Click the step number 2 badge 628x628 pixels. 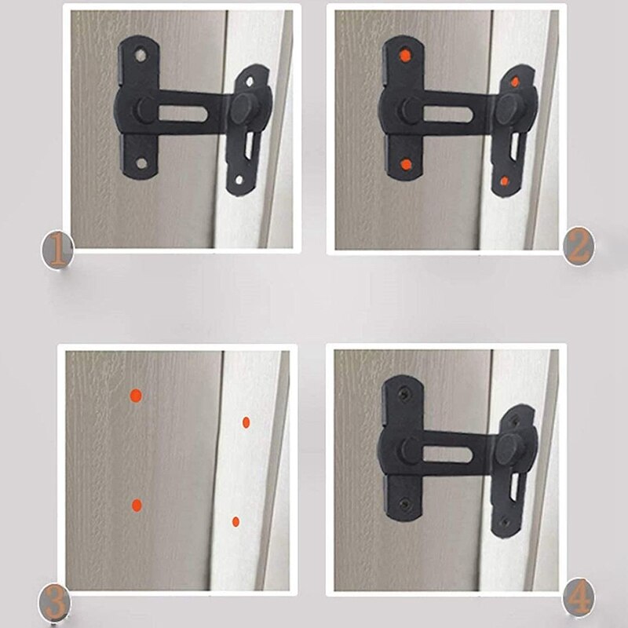click(x=578, y=247)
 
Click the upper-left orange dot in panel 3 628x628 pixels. click(x=135, y=396)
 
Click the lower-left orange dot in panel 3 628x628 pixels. click(x=137, y=505)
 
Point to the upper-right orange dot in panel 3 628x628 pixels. click(x=246, y=422)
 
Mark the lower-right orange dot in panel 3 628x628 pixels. click(x=235, y=520)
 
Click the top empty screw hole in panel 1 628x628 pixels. click(x=141, y=57)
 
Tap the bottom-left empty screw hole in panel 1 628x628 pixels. click(x=142, y=164)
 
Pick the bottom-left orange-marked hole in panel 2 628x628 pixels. click(x=407, y=164)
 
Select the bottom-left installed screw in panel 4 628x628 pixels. click(x=405, y=502)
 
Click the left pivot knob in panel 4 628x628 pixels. click(x=410, y=449)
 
